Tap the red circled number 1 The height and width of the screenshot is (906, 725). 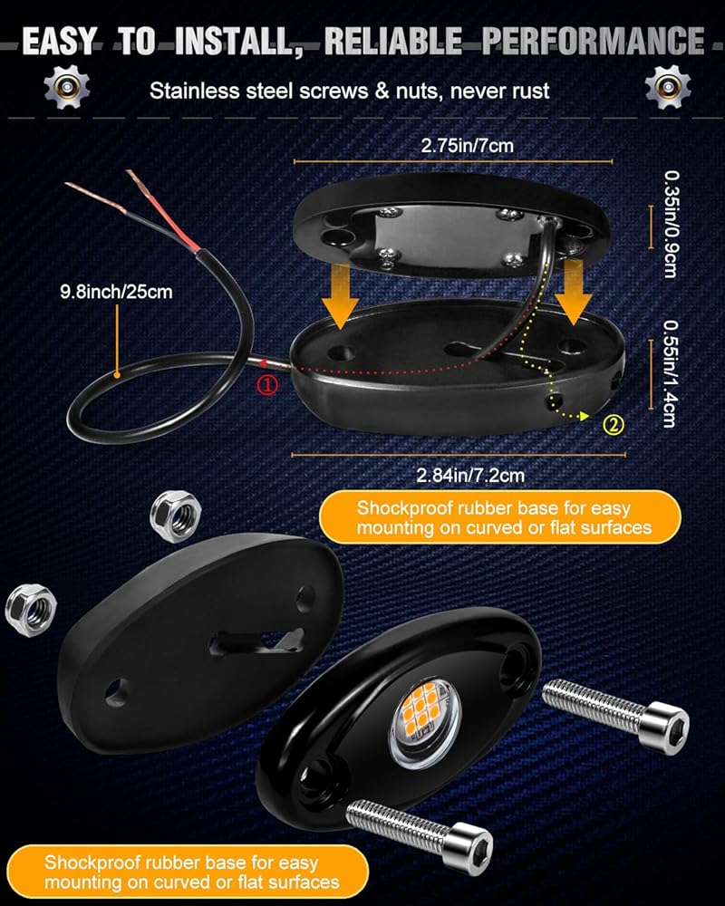click(268, 385)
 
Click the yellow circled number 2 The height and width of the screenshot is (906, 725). click(613, 422)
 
